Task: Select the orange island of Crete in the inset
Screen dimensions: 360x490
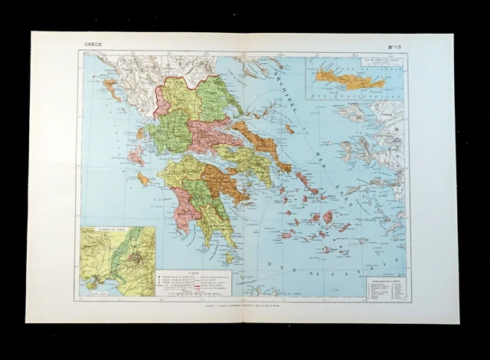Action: (x=353, y=80)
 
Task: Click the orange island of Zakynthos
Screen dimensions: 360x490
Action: (x=143, y=179)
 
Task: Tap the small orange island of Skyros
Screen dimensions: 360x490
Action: (x=289, y=129)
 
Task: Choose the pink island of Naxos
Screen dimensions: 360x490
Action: (x=328, y=217)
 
